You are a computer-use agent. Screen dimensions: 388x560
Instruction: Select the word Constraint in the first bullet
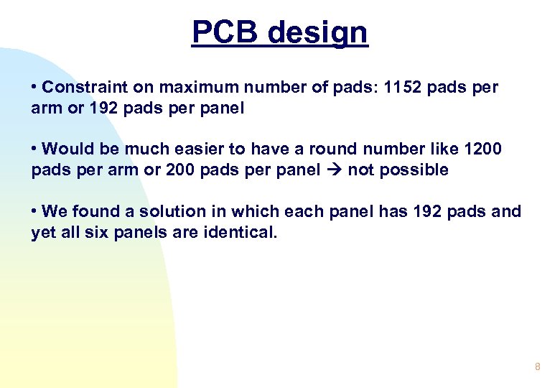point(80,88)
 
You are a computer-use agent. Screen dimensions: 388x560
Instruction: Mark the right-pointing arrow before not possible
point(335,170)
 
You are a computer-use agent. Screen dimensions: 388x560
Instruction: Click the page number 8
point(537,367)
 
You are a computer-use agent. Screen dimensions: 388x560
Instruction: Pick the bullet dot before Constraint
point(34,88)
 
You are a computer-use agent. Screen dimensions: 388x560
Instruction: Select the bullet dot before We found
point(34,212)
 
